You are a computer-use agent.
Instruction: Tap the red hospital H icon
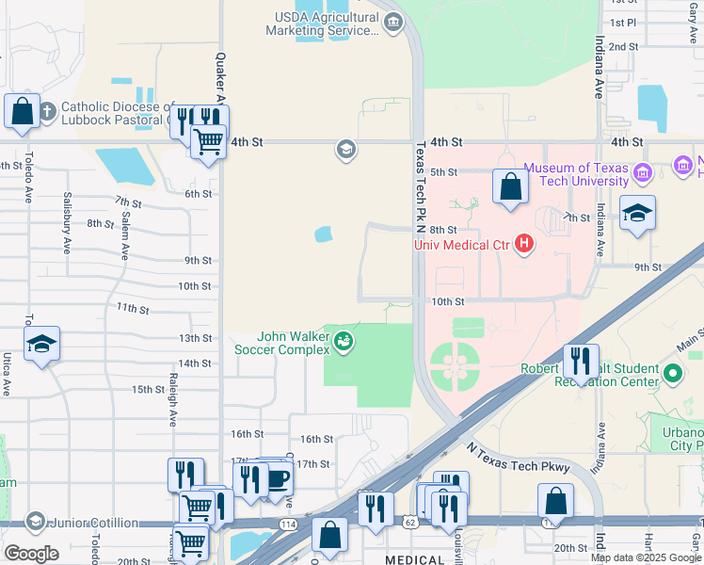(524, 246)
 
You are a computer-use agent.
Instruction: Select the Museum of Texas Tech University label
(576, 174)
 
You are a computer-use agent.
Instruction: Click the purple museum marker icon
(644, 172)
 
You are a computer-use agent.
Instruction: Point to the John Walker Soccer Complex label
(295, 343)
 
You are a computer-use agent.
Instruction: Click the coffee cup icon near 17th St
(277, 477)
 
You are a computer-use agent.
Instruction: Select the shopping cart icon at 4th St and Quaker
(208, 141)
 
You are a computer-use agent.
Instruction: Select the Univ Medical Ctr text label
(461, 246)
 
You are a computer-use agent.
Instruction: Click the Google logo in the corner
(31, 553)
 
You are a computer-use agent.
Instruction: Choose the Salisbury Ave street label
(67, 222)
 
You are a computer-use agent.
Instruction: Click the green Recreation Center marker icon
(672, 374)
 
